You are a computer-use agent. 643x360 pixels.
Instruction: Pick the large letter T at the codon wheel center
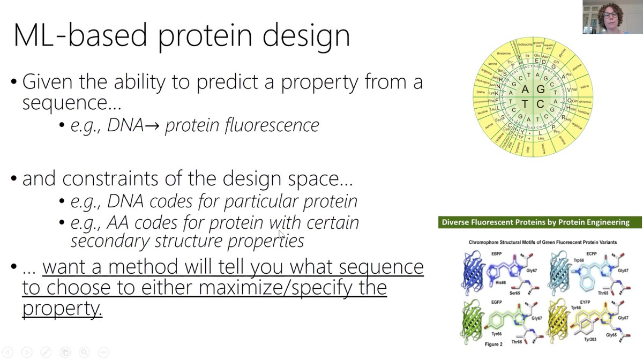point(526,103)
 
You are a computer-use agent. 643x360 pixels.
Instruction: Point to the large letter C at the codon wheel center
point(540,103)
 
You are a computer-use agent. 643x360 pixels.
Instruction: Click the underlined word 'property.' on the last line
point(62,309)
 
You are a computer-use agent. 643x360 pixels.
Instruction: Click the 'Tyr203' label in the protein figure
point(590,340)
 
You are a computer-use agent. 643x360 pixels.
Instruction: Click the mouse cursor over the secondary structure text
point(281,234)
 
